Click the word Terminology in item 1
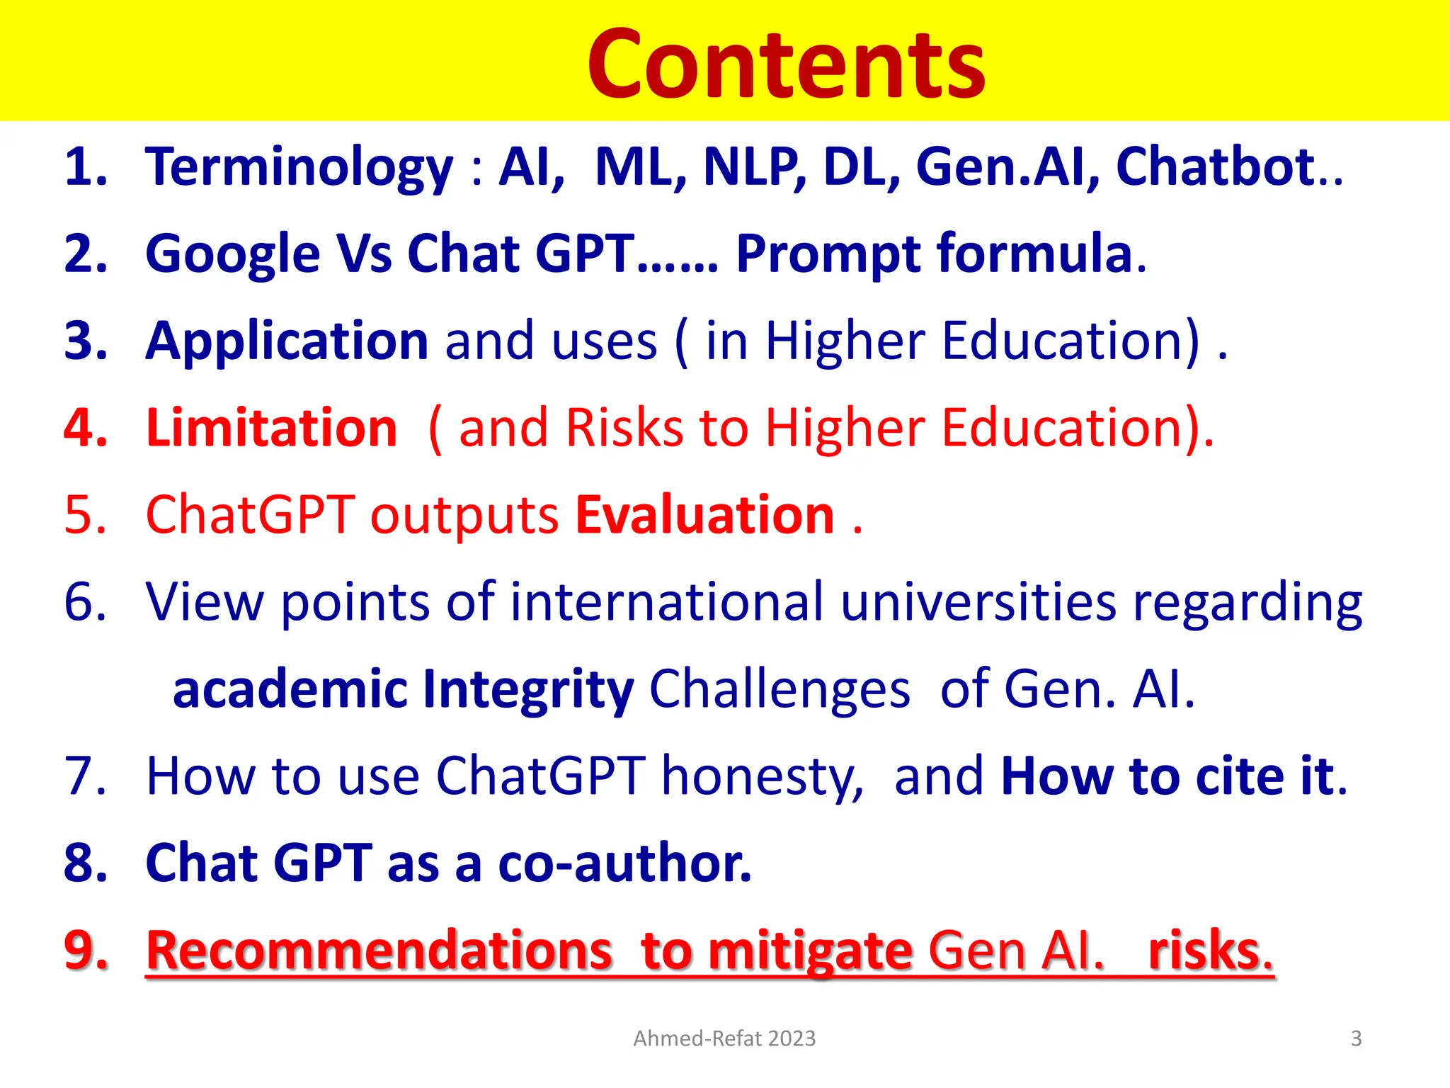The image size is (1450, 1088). click(x=299, y=167)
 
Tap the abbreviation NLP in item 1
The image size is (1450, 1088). click(x=754, y=167)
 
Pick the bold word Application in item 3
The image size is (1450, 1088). click(x=287, y=341)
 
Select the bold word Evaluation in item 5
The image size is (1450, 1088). click(x=705, y=515)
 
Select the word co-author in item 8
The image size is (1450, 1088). click(x=624, y=863)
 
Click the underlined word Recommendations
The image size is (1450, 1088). click(x=379, y=951)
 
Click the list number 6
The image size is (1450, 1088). click(x=85, y=602)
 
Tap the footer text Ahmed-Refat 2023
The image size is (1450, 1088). click(x=724, y=1038)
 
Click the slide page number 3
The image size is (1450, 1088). click(x=1356, y=1038)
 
